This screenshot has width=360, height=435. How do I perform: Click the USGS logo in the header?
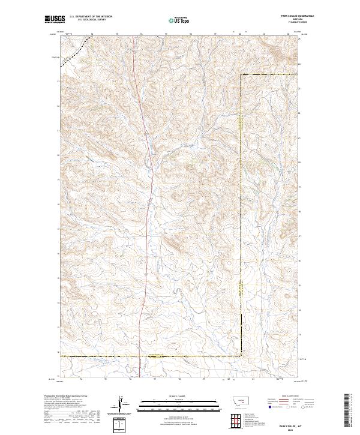(x=55, y=20)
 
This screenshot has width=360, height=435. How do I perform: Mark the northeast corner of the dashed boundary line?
(x=242, y=74)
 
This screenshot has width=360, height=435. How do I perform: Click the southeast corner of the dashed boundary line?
(x=242, y=356)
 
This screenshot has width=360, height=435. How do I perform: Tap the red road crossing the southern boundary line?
(x=140, y=356)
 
